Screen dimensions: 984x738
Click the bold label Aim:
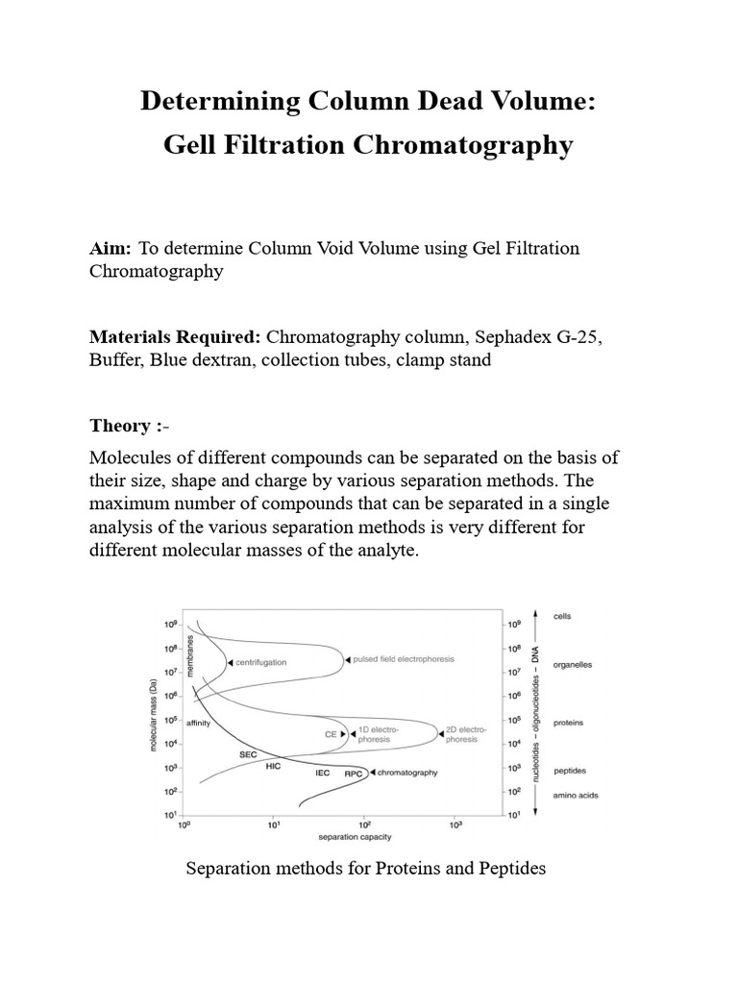[110, 249]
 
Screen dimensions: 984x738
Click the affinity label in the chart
[199, 723]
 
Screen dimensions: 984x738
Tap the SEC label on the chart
[248, 754]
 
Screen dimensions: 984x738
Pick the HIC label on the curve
[274, 766]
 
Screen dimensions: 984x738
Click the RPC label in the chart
[353, 772]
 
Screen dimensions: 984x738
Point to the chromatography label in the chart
[408, 772]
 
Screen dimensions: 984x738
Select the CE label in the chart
[330, 733]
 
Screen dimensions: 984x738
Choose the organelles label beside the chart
[574, 663]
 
